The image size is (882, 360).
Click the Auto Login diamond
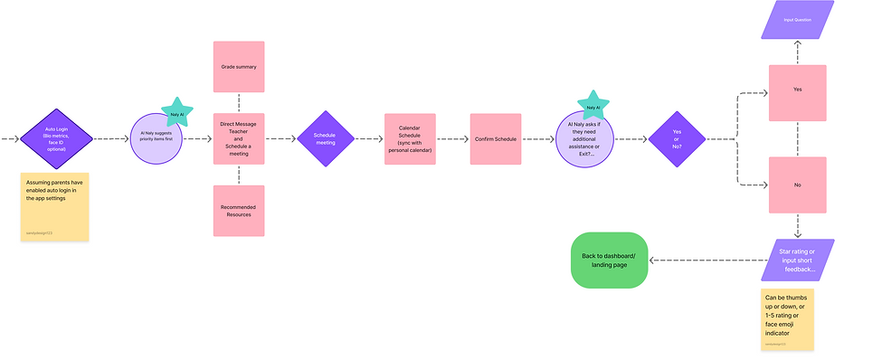pyautogui.click(x=56, y=139)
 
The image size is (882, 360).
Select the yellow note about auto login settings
pyautogui.click(x=56, y=207)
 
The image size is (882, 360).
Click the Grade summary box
pyautogui.click(x=239, y=67)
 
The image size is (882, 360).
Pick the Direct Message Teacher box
pyautogui.click(x=239, y=139)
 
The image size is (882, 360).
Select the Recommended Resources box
pyautogui.click(x=239, y=211)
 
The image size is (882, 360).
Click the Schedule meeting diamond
pyautogui.click(x=324, y=139)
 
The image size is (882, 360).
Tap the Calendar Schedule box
pyautogui.click(x=410, y=139)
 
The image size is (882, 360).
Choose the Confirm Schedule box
pyautogui.click(x=496, y=139)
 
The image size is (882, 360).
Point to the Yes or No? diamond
pyautogui.click(x=677, y=139)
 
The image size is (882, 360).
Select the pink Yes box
pyautogui.click(x=797, y=90)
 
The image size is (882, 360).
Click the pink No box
pyautogui.click(x=797, y=185)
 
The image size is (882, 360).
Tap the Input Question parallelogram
pyautogui.click(x=797, y=19)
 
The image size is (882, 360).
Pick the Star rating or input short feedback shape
pyautogui.click(x=797, y=260)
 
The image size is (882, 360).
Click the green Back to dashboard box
pyautogui.click(x=610, y=261)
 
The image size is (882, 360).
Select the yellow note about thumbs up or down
pyautogui.click(x=788, y=318)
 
